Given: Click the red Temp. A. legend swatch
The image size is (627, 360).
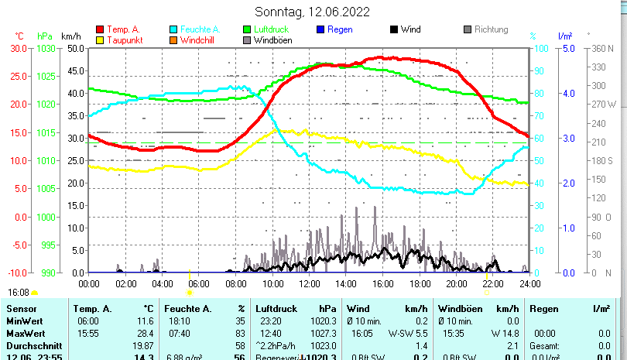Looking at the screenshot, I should (x=100, y=29).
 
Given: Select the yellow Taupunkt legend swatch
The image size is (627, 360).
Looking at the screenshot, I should (x=100, y=39).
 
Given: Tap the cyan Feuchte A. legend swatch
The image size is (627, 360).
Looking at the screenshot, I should (x=173, y=29).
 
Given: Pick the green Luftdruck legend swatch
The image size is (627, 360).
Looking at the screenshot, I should (x=247, y=29).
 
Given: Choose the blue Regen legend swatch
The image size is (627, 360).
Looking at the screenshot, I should (x=320, y=29).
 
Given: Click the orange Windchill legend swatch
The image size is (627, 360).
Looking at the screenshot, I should (x=173, y=39).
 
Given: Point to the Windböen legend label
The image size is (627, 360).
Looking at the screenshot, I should (x=272, y=39).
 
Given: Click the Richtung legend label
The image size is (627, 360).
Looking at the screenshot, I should (x=492, y=29).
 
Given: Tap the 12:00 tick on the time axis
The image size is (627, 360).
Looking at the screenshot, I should (x=309, y=283).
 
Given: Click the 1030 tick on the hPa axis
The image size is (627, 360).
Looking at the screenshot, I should (x=46, y=48).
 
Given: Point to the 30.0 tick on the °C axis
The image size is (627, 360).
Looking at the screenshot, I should (x=19, y=48).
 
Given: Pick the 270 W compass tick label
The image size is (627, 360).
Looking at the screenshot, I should (x=603, y=105).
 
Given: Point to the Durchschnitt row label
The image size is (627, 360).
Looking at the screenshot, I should (x=30, y=345).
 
